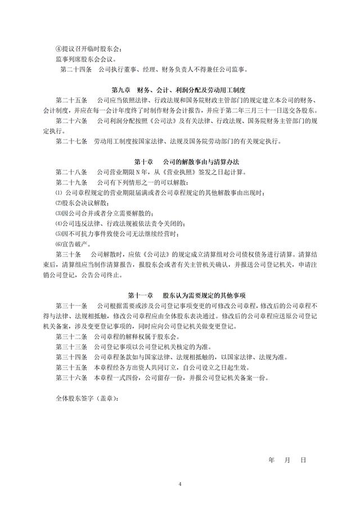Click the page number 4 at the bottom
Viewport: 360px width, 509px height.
(180, 484)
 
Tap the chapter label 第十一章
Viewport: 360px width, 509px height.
(141, 294)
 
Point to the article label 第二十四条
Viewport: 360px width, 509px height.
(75, 70)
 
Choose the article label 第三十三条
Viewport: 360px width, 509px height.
(71, 346)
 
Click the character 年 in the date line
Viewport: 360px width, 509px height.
(271, 459)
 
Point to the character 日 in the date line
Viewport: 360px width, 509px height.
(303, 459)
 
